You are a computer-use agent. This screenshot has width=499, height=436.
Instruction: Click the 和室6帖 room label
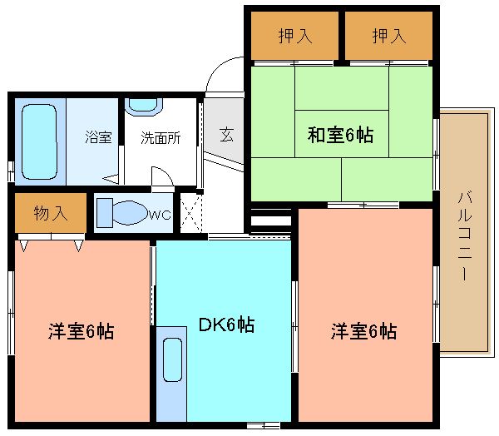(340, 135)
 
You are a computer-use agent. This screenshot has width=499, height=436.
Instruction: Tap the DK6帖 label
(226, 325)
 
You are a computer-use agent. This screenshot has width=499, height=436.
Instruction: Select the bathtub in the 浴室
(39, 141)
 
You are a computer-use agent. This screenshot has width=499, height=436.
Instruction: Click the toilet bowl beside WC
(131, 212)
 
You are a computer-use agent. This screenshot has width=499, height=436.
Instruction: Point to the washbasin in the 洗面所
(144, 106)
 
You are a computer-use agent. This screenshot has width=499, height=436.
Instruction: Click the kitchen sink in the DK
(172, 360)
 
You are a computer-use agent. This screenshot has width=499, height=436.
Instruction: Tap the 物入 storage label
(51, 213)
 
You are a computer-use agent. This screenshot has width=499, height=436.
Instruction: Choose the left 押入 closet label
(295, 36)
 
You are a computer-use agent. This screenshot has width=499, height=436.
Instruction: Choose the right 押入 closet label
(389, 36)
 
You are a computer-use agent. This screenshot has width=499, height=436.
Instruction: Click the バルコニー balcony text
(464, 235)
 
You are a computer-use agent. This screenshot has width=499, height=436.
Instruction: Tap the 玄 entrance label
(226, 134)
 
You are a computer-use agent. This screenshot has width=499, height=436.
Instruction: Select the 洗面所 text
(161, 138)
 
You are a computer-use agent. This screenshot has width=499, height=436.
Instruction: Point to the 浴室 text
(98, 137)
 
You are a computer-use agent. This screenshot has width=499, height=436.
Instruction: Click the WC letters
(161, 216)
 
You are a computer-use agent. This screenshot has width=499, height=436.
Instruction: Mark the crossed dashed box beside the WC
(190, 213)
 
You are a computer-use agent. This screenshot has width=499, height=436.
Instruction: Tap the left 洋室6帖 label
(81, 331)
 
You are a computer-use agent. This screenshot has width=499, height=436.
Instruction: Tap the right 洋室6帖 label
(363, 331)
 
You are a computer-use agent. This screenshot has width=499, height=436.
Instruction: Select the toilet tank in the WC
(105, 213)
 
